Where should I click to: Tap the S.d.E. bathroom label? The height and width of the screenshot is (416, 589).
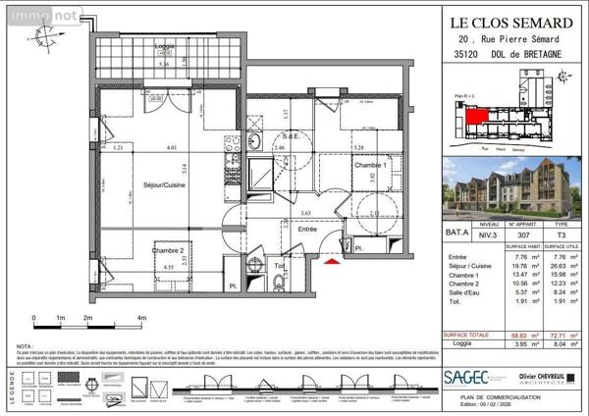click(x=291, y=135)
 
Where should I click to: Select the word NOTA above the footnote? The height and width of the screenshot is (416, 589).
click(x=27, y=345)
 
